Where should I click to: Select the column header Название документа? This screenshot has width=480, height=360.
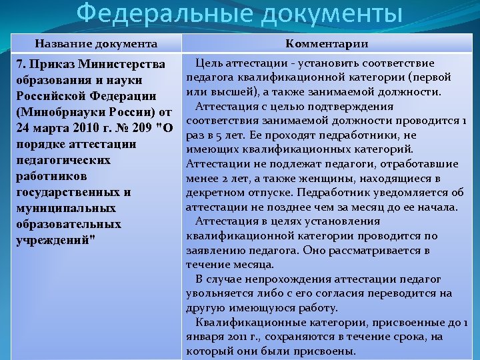point(96,44)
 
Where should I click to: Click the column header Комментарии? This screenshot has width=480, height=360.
point(327,44)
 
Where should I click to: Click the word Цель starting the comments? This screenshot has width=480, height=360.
point(209,63)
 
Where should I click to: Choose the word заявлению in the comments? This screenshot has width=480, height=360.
point(215,250)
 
